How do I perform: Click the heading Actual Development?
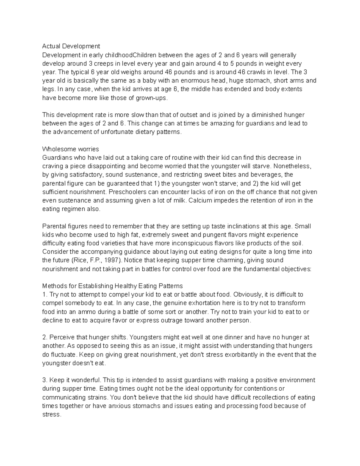[71, 46]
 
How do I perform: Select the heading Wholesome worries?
[70, 149]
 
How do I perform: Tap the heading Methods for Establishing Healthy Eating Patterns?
[112, 286]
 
